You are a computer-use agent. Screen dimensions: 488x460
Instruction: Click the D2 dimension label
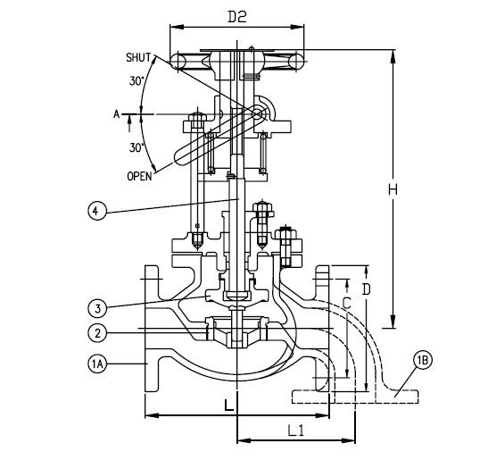pyautogui.click(x=237, y=16)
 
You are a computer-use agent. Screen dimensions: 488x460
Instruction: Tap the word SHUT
pyautogui.click(x=138, y=58)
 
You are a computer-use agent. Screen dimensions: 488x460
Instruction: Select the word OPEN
pyautogui.click(x=140, y=176)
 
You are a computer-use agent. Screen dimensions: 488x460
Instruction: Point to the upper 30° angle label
pyautogui.click(x=136, y=81)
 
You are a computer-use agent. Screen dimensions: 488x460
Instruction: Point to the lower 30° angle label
pyautogui.click(x=136, y=147)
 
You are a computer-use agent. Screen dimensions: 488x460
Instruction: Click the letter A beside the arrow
pyautogui.click(x=116, y=114)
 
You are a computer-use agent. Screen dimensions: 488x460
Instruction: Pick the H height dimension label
pyautogui.click(x=393, y=189)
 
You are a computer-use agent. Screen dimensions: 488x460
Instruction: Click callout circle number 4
pyautogui.click(x=97, y=211)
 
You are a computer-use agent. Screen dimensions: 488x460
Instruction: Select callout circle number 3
pyautogui.click(x=98, y=309)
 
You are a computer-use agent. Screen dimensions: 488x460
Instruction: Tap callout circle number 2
pyautogui.click(x=98, y=333)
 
